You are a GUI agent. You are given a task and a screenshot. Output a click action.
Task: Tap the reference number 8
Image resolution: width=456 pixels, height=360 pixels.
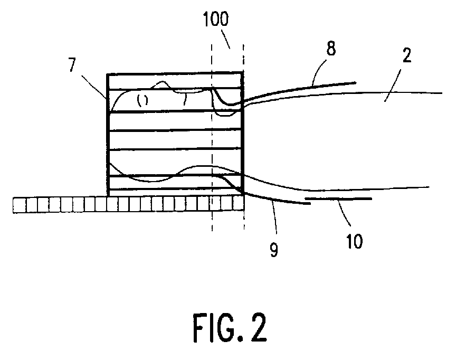pos(331,51)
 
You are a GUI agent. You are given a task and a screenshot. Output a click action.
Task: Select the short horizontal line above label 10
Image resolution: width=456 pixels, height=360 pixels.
pos(338,199)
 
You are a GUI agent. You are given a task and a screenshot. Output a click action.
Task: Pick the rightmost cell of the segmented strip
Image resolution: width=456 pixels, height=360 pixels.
pos(239,204)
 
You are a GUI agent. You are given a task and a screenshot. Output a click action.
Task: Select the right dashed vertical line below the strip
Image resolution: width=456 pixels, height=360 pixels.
pos(244,222)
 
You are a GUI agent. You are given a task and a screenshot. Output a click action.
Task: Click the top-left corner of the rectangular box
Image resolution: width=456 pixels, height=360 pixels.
pos(108,72)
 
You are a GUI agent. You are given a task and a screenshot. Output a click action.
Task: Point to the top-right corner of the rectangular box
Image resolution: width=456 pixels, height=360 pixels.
pos(243,72)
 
